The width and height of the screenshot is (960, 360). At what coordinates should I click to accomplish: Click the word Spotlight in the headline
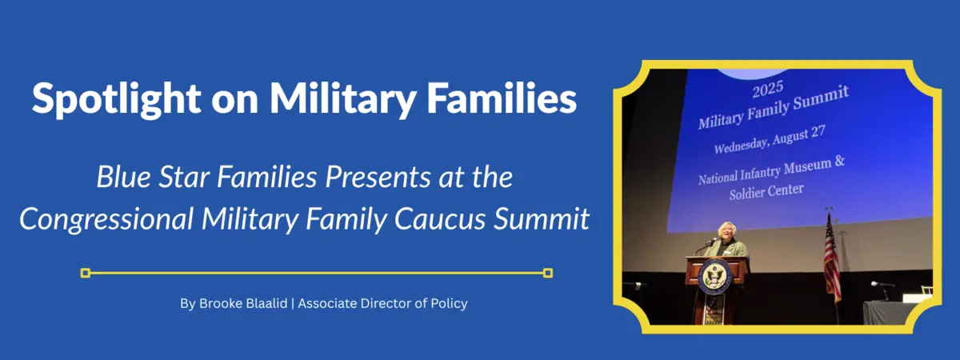point(116,98)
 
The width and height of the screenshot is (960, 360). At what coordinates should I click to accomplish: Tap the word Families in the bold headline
point(502,98)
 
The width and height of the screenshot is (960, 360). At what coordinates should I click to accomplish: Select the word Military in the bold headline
point(342,98)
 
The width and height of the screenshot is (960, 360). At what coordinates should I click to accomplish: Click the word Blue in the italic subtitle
point(123,177)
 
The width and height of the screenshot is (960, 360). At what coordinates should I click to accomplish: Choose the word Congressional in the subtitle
point(106,219)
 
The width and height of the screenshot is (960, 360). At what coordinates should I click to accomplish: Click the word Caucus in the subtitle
point(439,219)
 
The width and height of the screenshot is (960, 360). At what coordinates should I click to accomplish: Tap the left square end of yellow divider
point(86,273)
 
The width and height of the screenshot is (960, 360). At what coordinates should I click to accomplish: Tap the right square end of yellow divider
point(548,273)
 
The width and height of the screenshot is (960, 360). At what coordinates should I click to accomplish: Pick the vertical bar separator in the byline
point(293,304)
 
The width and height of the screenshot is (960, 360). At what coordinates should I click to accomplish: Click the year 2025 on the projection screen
point(767,90)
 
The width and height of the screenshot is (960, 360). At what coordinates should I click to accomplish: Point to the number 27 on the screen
point(818,132)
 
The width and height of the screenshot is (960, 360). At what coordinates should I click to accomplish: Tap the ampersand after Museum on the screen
point(839,162)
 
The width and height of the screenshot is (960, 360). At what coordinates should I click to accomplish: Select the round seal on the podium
point(714,274)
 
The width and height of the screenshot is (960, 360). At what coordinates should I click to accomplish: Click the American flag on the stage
point(832,259)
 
